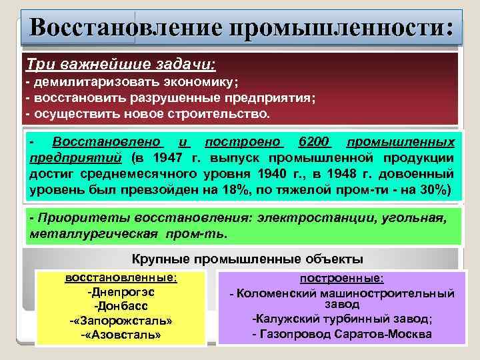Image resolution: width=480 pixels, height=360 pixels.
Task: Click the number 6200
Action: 315,142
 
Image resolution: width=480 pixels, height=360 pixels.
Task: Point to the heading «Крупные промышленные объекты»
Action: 247,259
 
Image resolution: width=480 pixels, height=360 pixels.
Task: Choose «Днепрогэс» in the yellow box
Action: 120,292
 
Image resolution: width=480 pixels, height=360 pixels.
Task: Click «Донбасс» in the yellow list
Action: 120,306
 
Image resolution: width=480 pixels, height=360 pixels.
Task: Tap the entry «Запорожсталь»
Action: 121,321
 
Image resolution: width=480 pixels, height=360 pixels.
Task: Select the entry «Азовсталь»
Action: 121,335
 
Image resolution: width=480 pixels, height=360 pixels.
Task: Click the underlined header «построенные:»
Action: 341,278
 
